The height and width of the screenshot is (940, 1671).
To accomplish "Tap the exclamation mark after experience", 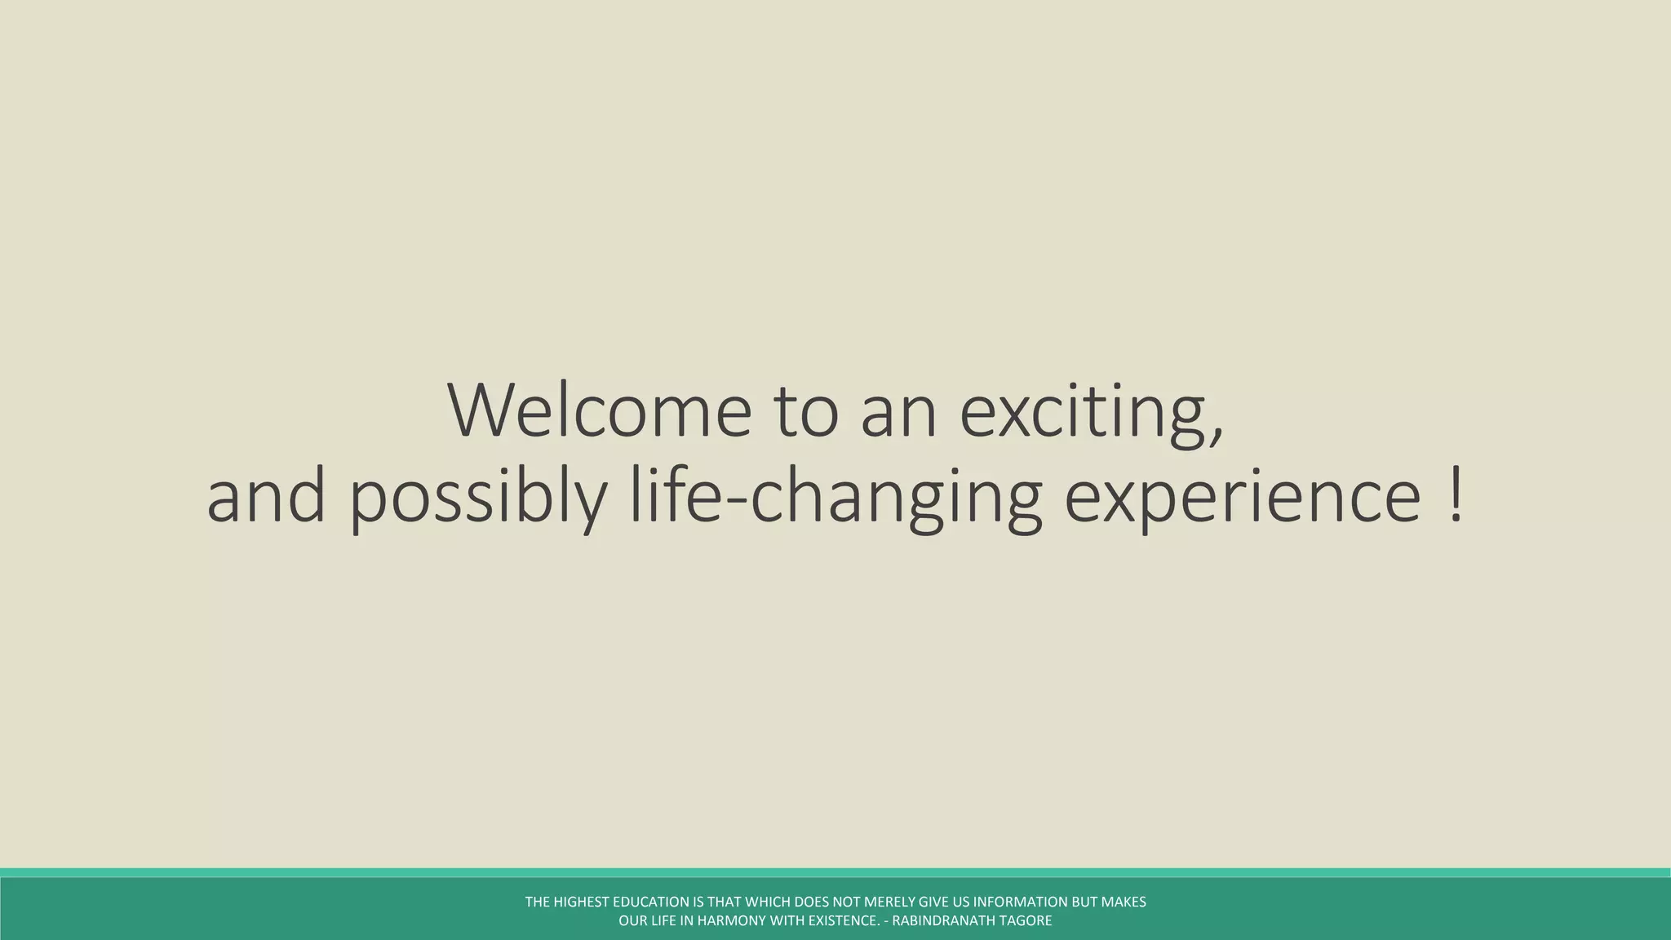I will [x=1456, y=496].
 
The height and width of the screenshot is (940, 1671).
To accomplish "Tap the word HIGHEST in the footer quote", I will [x=580, y=902].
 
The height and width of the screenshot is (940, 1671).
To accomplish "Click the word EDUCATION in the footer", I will [x=650, y=902].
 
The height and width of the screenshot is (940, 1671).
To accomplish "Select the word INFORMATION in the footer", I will [x=1020, y=902].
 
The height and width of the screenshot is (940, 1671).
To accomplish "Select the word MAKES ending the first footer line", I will [x=1124, y=902].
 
